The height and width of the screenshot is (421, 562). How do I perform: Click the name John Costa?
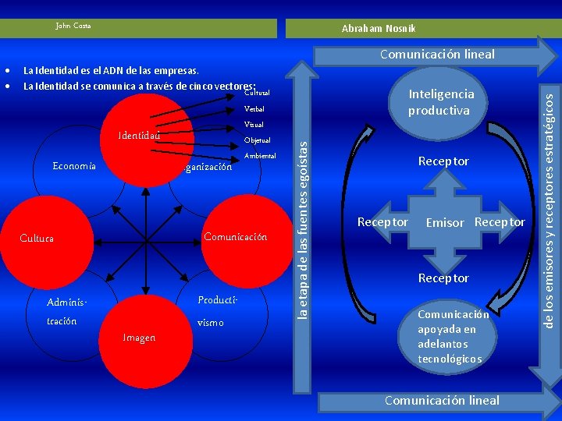[x=73, y=26]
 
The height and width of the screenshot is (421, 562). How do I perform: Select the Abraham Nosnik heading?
[x=379, y=29]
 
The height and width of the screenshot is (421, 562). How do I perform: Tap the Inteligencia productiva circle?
[x=441, y=102]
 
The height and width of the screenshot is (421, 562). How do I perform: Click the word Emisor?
[x=445, y=223]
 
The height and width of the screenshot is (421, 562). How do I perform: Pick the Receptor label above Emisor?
[x=443, y=161]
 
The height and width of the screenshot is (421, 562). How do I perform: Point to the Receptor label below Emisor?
[x=443, y=278]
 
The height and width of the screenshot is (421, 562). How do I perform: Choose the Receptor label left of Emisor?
[x=382, y=222]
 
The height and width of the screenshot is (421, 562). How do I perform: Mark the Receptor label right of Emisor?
[x=500, y=222]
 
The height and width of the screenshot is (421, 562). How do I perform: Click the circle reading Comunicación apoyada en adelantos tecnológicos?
[x=453, y=337]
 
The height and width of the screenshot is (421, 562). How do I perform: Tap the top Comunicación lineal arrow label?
[x=437, y=55]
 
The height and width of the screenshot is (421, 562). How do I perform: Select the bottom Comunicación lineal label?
[x=441, y=400]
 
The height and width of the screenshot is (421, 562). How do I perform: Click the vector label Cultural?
[x=257, y=93]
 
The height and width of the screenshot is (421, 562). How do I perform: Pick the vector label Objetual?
[x=257, y=140]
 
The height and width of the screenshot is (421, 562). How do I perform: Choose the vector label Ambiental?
[x=260, y=157]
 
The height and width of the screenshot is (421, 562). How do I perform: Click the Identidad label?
[x=139, y=135]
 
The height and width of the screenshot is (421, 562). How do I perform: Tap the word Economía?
[x=73, y=165]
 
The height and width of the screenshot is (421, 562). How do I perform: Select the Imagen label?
[x=138, y=338]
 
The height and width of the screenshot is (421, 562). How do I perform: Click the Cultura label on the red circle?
[x=37, y=238]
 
